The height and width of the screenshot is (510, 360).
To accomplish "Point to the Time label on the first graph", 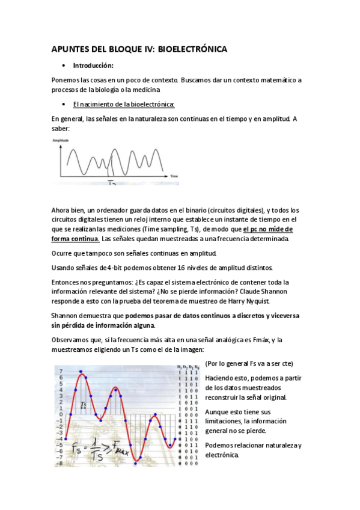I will point(174,176).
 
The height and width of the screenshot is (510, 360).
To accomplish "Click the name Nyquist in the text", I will point(258,301).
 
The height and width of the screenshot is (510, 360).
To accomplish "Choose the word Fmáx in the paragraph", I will point(258,340).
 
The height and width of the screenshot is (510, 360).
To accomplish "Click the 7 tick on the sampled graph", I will point(60,371).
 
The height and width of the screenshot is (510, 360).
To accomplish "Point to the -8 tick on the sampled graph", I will point(59,464).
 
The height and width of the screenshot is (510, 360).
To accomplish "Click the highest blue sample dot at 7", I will point(81,372).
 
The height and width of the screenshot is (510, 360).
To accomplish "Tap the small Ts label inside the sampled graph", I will point(84,405).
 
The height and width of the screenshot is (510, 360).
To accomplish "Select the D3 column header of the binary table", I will point(178,367).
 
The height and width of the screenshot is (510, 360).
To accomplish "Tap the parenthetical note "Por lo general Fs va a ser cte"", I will point(249,364).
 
